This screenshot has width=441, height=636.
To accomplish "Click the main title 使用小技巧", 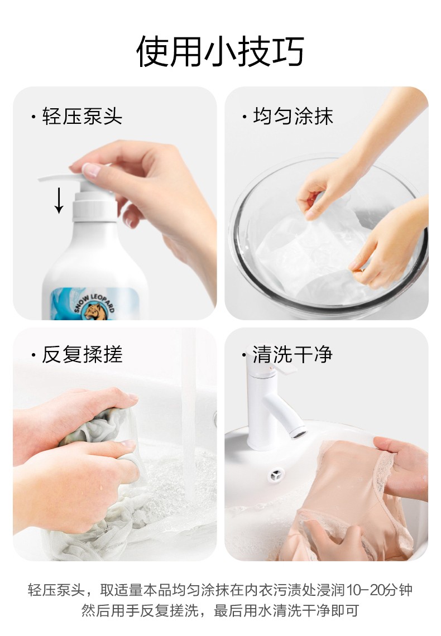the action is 220,51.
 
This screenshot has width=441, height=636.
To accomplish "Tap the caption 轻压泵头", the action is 83,117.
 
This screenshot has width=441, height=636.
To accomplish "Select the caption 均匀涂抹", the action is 293,117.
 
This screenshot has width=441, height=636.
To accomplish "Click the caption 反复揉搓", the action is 83,354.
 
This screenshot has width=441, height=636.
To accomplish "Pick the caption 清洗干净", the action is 293,354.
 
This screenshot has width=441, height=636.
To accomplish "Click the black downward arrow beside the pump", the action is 59,200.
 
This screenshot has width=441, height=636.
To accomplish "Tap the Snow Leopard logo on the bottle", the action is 94,307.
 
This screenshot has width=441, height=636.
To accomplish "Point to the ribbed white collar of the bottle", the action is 95,206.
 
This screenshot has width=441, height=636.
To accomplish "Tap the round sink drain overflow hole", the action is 277,475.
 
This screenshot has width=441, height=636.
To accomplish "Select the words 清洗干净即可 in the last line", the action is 316,610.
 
